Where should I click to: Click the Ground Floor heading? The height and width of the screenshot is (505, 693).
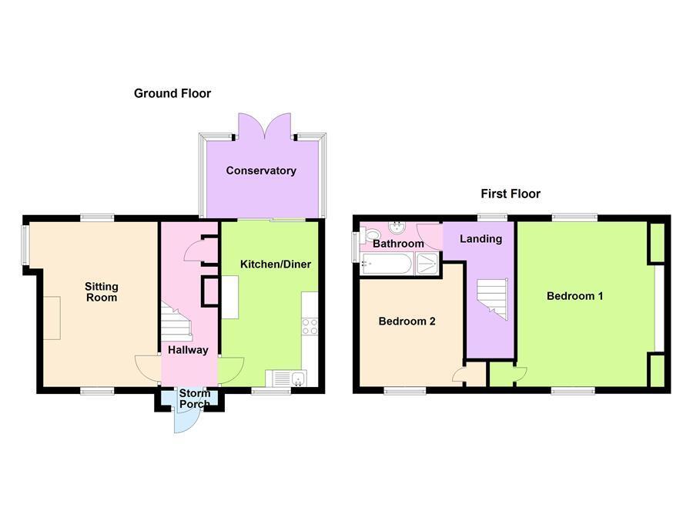click(172, 93)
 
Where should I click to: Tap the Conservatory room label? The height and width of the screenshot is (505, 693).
click(261, 170)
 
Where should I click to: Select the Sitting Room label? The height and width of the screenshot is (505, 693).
click(101, 291)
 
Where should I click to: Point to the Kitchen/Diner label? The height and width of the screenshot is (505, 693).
click(276, 264)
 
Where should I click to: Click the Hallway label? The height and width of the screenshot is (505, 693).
click(189, 349)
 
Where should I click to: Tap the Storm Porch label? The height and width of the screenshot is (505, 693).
click(195, 399)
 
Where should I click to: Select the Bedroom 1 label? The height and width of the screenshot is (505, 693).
click(574, 295)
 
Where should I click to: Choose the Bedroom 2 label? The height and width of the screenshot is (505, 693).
click(407, 322)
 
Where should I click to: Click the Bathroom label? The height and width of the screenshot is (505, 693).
click(398, 244)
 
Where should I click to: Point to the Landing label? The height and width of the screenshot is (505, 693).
click(480, 238)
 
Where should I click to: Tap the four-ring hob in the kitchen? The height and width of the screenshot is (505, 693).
click(310, 325)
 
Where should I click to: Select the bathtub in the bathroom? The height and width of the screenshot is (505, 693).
click(387, 265)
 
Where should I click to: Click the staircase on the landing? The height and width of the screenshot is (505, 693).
click(491, 298)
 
